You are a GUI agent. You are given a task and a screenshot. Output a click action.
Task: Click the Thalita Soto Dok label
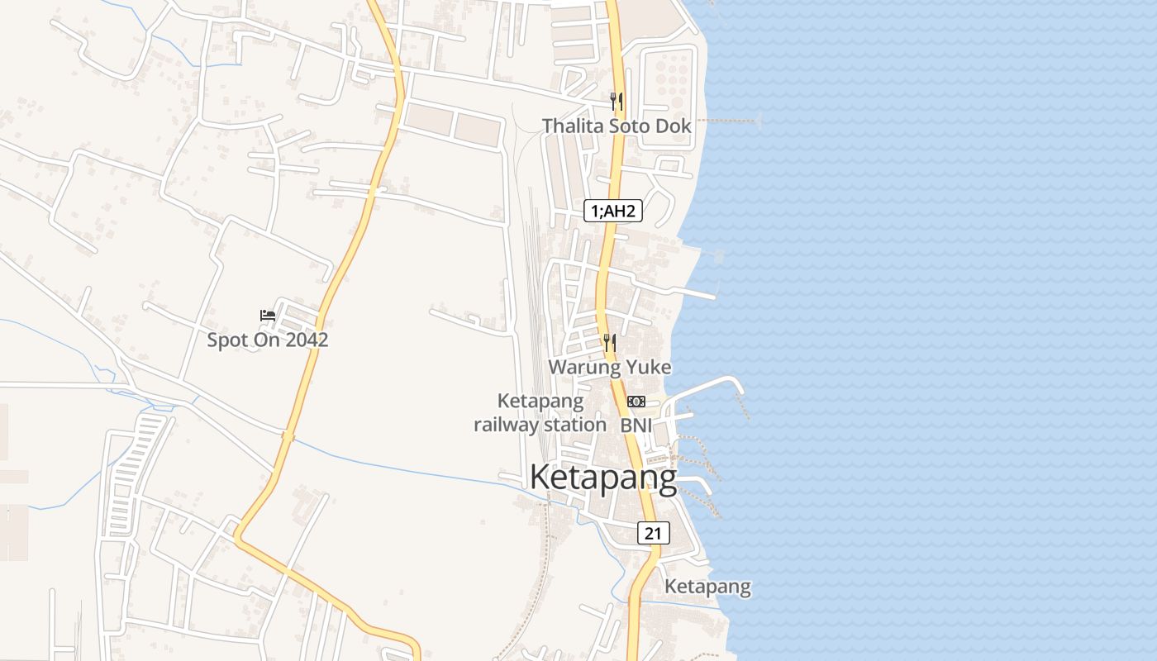[x=617, y=126]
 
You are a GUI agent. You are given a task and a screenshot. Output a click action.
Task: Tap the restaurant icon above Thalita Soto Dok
[x=617, y=102]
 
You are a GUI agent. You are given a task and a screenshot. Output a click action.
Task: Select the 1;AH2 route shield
[x=613, y=212]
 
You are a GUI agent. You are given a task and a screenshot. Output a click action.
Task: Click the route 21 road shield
[x=653, y=533]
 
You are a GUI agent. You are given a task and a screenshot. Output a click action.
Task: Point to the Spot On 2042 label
[x=267, y=340]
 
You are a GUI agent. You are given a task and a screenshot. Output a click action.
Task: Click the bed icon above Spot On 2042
[x=268, y=316]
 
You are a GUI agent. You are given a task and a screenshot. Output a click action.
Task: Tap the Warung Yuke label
[x=610, y=367]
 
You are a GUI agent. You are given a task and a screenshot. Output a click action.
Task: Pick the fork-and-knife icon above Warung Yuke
[x=610, y=342]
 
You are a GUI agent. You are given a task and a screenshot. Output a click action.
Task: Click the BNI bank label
[x=636, y=425]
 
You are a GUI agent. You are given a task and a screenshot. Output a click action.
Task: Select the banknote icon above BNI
[x=636, y=402]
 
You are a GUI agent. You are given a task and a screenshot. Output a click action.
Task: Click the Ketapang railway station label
[x=540, y=413]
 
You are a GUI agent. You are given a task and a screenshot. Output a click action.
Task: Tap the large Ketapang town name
[x=602, y=478]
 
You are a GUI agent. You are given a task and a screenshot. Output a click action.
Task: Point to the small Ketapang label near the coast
[x=708, y=587]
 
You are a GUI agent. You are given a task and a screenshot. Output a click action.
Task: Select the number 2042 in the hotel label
[x=306, y=340]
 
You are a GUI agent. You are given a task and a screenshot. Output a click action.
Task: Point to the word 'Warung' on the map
[x=583, y=367]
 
